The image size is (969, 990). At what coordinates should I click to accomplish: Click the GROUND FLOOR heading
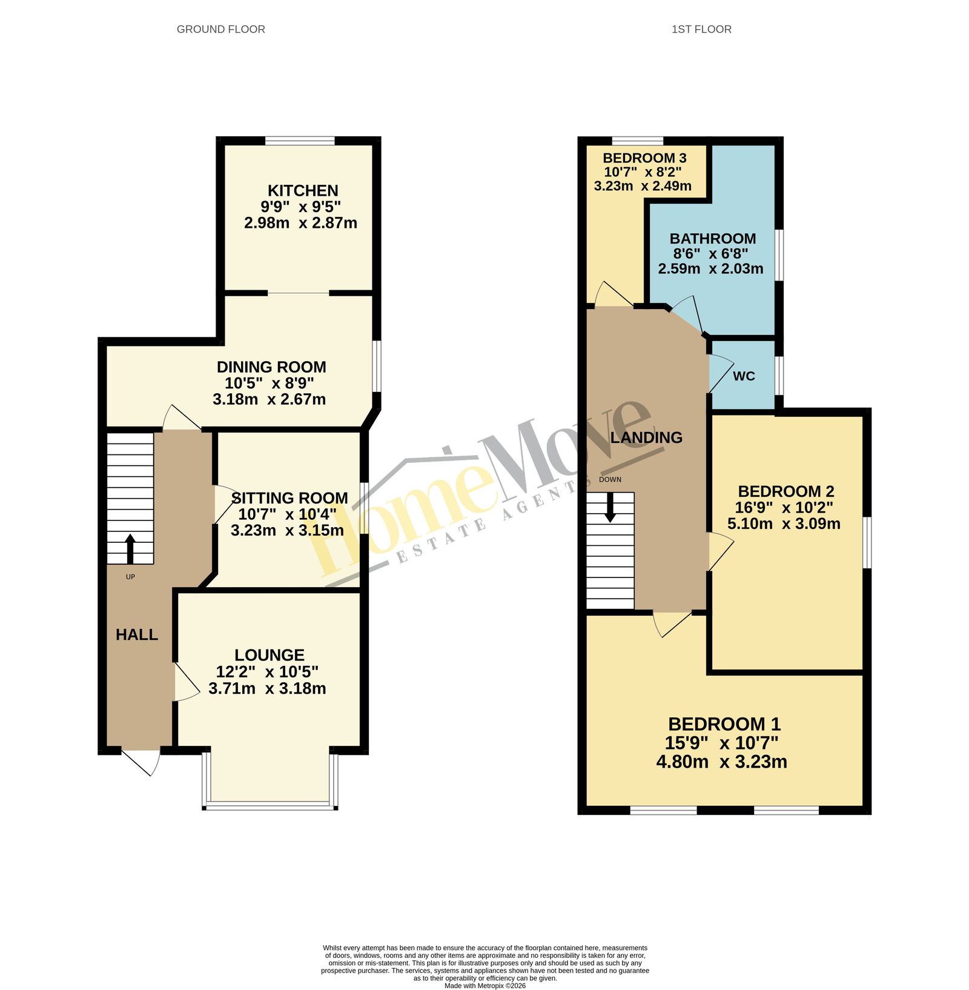[220, 29]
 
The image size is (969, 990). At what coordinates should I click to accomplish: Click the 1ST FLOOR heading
[701, 29]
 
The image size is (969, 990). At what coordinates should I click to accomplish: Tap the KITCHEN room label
[303, 190]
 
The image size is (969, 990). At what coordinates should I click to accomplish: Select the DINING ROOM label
[271, 367]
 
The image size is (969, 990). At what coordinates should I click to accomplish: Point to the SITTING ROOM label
[289, 498]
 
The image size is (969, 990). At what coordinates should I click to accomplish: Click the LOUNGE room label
[270, 655]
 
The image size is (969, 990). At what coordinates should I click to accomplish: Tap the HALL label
[137, 634]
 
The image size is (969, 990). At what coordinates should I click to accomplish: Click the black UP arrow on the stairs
[130, 549]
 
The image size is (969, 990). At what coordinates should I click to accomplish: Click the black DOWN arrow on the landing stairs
[610, 507]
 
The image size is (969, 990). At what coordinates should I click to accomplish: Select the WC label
[744, 376]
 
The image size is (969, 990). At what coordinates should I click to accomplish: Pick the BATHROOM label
[713, 239]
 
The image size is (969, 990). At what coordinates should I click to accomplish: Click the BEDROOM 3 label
[644, 158]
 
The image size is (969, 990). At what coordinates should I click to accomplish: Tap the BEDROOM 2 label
[786, 491]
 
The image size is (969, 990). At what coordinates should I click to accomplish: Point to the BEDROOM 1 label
[724, 724]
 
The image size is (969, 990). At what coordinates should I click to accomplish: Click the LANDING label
[646, 437]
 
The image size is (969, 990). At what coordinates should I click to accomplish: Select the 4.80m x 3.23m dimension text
[722, 762]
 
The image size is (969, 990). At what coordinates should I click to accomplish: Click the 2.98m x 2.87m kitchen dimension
[300, 223]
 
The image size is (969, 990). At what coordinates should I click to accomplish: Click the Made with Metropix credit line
[485, 986]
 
